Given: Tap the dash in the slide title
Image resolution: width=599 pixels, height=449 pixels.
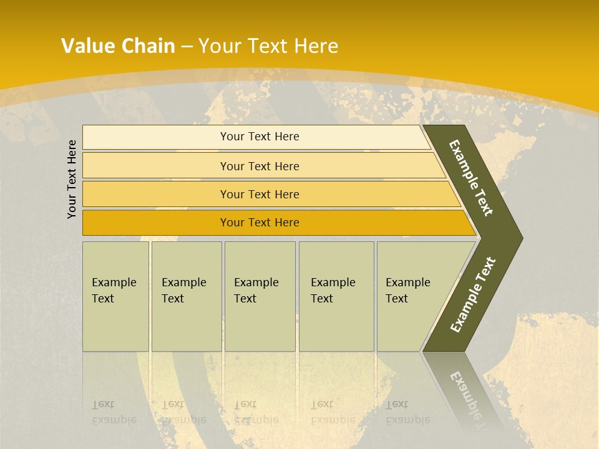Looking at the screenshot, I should point(187,47).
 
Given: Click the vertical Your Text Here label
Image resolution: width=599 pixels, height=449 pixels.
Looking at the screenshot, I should point(72,179).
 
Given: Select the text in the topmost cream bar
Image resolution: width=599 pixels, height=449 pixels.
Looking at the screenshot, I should point(260,137).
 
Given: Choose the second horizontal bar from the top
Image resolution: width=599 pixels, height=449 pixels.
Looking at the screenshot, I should point(260,166).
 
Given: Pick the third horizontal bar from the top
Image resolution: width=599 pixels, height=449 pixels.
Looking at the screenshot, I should point(260,195).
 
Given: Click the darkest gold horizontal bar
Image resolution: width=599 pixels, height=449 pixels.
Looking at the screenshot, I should point(260,223).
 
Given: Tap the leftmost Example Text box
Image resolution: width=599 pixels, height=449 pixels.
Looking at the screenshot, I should point(115,296).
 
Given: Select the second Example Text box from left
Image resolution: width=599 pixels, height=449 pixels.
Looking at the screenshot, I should point(186,296).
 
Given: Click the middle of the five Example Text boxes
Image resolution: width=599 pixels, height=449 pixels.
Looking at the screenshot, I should point(260,296).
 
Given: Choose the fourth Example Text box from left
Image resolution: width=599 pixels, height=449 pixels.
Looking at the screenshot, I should point(336,296).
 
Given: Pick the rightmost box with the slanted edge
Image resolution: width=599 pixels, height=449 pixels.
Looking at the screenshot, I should point(412,296).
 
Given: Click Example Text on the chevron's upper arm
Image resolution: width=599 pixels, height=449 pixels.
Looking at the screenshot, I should point(471,178).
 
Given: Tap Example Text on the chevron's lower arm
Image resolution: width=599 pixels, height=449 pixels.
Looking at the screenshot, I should point(473,294).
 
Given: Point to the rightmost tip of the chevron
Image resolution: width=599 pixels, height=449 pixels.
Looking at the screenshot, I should point(521,238).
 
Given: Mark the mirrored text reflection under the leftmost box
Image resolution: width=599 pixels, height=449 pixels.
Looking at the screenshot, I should point(114,412).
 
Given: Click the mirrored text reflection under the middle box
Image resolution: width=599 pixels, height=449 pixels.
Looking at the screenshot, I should point(256,412).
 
